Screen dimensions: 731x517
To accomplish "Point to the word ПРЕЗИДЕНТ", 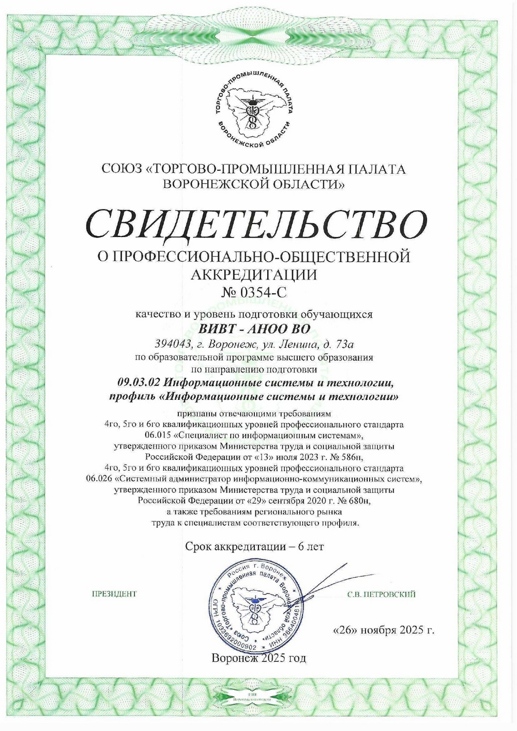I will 114,594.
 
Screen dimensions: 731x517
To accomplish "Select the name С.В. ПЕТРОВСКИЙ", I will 382,594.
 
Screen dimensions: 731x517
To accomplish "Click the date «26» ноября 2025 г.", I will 384,630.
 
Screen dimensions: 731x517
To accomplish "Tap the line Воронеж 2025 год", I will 258,658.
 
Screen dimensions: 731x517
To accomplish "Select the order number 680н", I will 357,501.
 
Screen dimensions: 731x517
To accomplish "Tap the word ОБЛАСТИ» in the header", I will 314,183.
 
